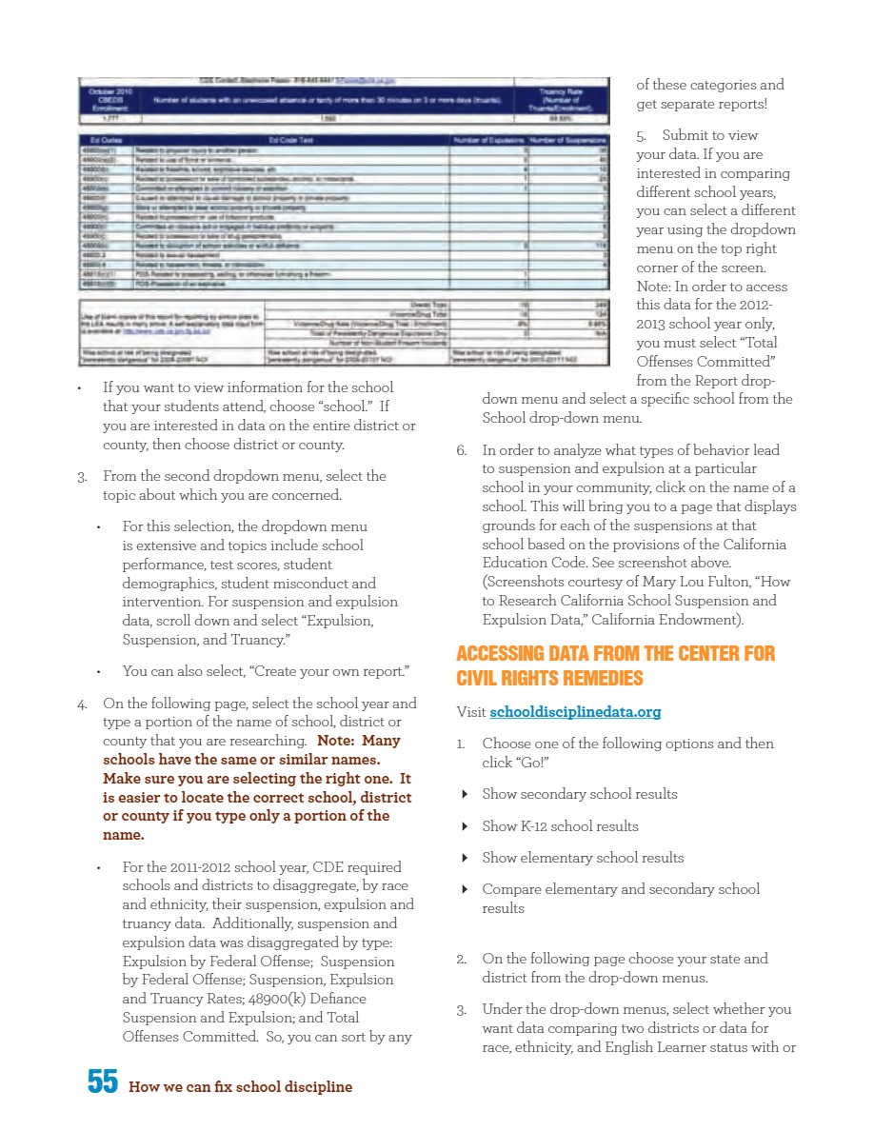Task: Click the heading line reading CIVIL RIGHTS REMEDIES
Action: pos(549,678)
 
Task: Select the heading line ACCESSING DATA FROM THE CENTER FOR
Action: pos(615,654)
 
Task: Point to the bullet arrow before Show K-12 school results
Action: pos(464,826)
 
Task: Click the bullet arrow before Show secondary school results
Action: pos(464,794)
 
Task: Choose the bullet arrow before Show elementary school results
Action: pos(464,858)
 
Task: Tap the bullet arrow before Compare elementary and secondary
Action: pos(464,889)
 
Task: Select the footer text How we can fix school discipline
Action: pos(240,1086)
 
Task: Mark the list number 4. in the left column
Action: pos(83,704)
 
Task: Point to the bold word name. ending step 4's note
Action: pos(123,835)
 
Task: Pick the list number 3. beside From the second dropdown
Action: pos(83,476)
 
